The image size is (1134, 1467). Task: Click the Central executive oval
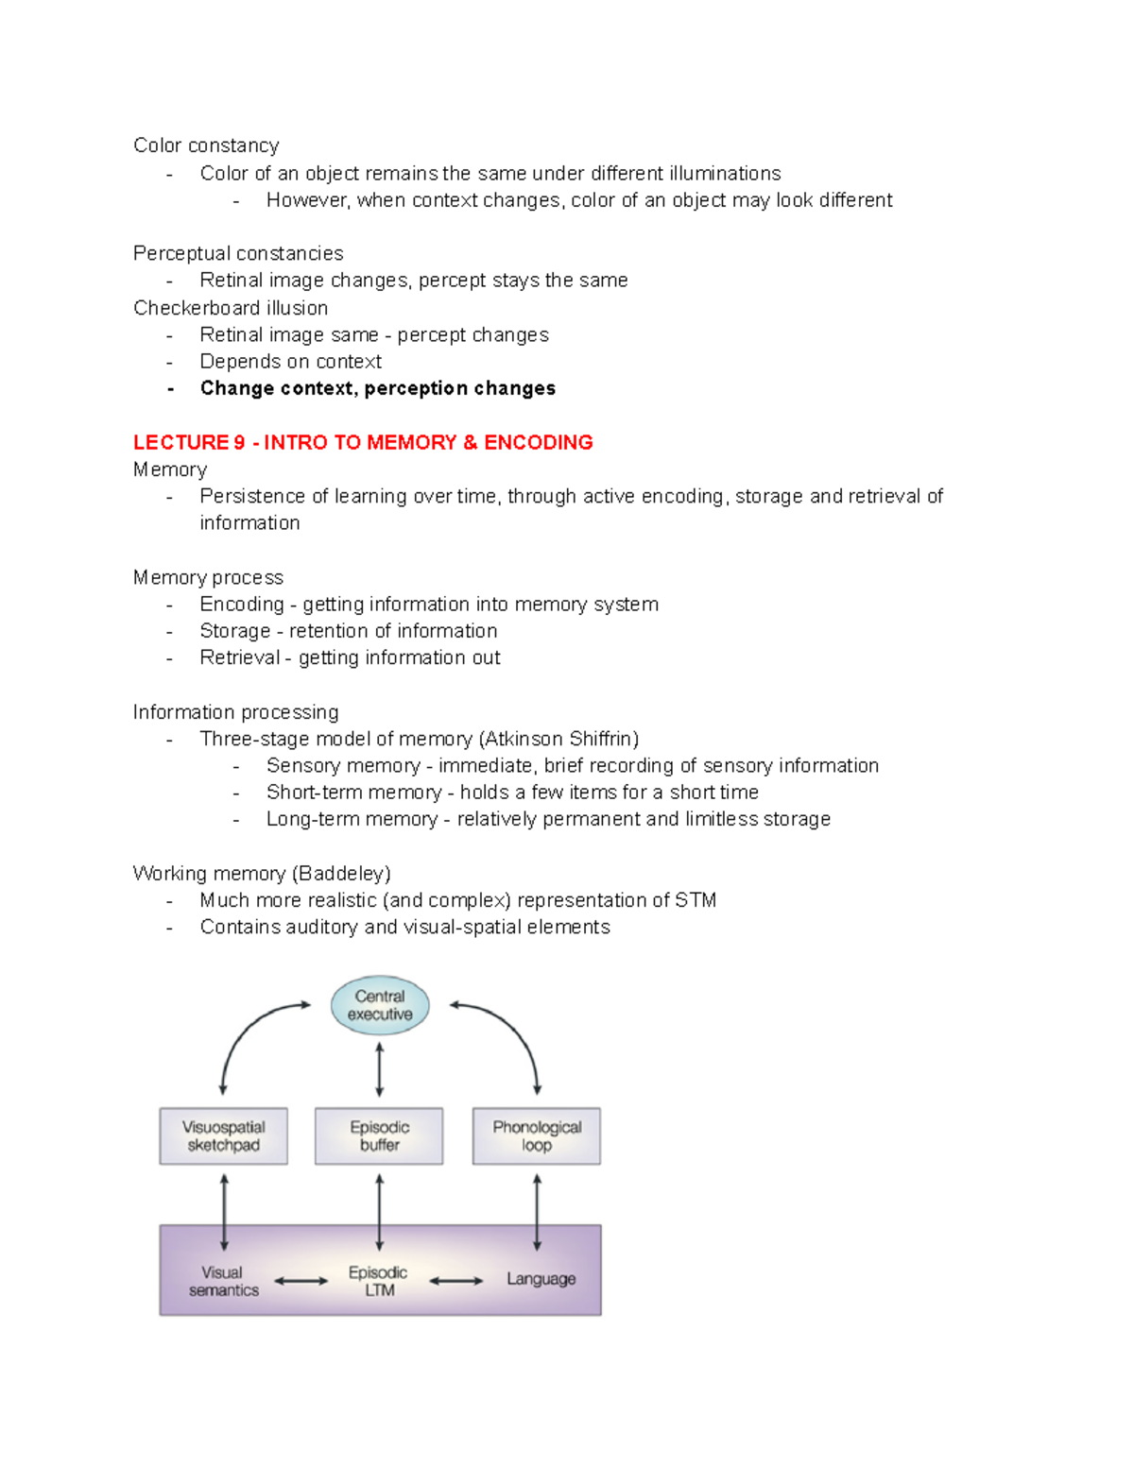(380, 1005)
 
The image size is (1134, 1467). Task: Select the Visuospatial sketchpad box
(223, 1135)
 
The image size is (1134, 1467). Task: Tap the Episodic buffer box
(379, 1135)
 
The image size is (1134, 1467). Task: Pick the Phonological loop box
(537, 1135)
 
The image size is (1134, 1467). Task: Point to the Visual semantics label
(223, 1281)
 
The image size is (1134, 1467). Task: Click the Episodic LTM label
(378, 1281)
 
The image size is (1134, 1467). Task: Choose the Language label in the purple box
(541, 1279)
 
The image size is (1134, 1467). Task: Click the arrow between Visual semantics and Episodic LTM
(301, 1282)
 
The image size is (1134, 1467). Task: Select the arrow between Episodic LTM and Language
(455, 1282)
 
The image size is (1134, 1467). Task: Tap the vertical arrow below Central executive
(380, 1069)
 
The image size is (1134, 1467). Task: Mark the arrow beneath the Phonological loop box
(537, 1212)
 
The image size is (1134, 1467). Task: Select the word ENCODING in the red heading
(539, 442)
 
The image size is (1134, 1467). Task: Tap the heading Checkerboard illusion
(231, 308)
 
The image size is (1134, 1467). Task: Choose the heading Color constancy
(206, 145)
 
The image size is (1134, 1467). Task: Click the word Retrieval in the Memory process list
(240, 657)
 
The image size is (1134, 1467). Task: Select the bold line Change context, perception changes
(378, 388)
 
